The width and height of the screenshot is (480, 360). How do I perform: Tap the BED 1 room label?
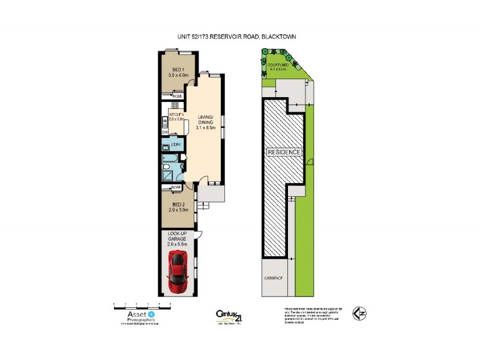coord(178,73)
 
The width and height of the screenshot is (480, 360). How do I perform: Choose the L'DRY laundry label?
coord(176,145)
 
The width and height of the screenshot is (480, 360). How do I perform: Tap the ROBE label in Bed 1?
coord(178,95)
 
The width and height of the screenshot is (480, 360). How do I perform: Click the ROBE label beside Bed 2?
coord(176,188)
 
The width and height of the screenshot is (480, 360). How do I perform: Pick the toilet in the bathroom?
coord(165,148)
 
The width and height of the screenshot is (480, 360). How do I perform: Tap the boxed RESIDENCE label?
coord(284,152)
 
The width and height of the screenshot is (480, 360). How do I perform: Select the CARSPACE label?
coord(273,279)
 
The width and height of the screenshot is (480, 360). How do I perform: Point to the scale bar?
coord(143,305)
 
